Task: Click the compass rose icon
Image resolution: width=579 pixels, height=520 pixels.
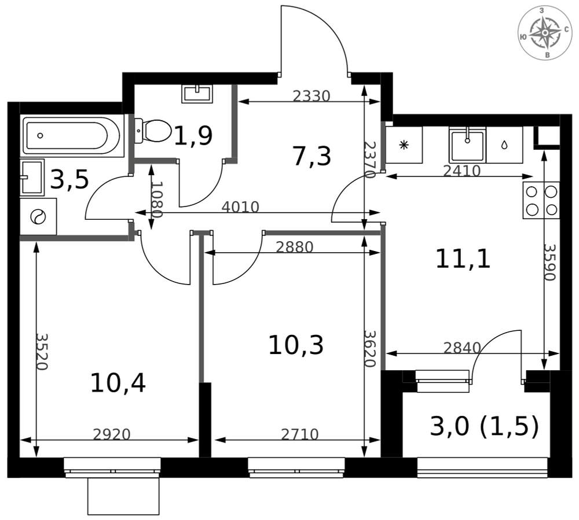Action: pos(545,33)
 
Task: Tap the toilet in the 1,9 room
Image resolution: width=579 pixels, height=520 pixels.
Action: pos(152,131)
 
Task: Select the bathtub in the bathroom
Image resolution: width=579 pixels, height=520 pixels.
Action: pos(73,136)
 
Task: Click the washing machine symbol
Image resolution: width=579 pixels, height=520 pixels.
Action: pos(38,216)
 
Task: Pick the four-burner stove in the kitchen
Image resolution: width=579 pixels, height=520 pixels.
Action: pos(541,201)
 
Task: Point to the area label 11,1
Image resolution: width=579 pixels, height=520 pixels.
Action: pos(463,259)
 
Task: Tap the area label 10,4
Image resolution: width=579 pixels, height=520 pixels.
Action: pos(118,383)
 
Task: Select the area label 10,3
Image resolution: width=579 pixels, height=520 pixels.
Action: pos(296,345)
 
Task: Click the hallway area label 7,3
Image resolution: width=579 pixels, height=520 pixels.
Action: pos(312,156)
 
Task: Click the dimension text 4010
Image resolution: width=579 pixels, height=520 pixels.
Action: pos(240,207)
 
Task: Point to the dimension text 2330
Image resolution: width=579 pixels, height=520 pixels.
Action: pos(311,96)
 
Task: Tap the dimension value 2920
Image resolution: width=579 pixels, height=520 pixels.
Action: pos(112,434)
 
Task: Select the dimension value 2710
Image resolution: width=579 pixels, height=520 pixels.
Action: pos(299,434)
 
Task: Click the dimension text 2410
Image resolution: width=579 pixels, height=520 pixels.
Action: pos(461,171)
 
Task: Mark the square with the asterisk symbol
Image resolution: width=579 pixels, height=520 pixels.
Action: pos(404,145)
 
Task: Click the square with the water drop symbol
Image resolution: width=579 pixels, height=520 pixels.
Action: pos(504,145)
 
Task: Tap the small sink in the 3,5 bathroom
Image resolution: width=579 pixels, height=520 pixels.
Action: pos(32,177)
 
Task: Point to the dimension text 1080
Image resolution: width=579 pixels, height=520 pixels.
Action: pos(157,199)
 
